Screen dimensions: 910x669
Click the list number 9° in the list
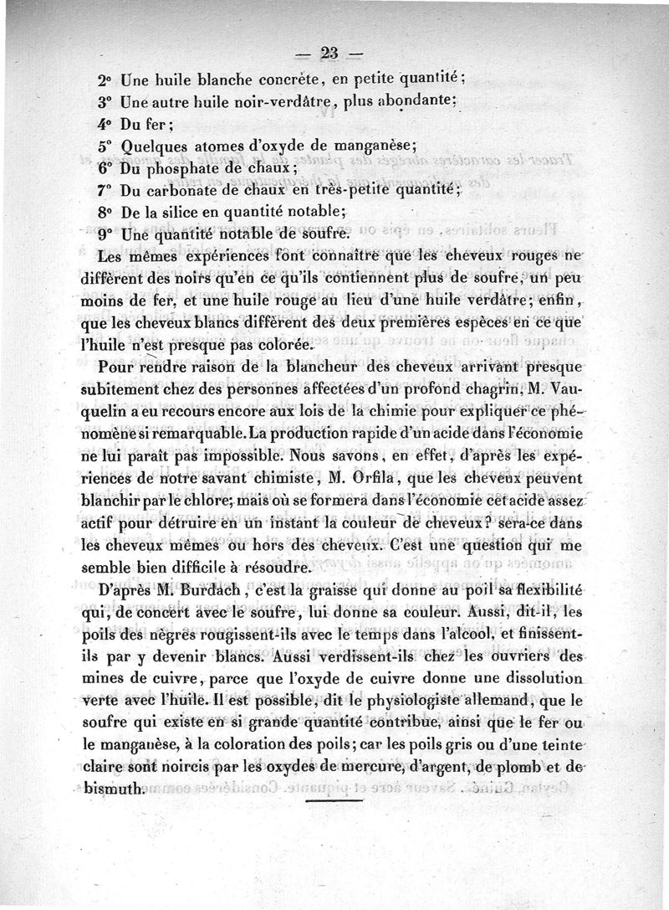click(x=105, y=234)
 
